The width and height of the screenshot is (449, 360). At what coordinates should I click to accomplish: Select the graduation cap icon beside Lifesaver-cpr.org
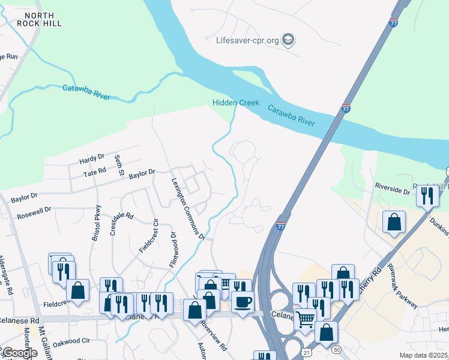[289, 40]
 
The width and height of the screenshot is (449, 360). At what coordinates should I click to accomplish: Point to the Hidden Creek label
[236, 103]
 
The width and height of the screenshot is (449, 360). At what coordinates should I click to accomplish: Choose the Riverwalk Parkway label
[402, 286]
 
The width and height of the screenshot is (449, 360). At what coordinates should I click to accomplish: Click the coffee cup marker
[243, 301]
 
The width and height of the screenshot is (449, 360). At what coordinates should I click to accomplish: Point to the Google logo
[19, 353]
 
